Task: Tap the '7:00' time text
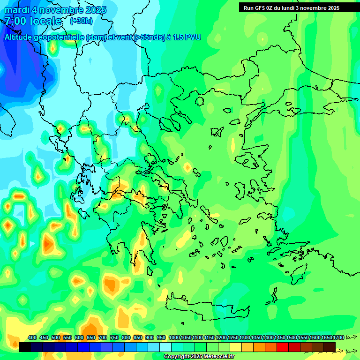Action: coord(15,21)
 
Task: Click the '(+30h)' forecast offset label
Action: coord(81,21)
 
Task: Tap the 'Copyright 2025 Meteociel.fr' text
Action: coord(199,357)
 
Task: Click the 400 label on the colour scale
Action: coord(32,337)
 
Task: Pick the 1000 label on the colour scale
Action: coord(174,337)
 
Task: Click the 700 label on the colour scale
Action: coord(103,337)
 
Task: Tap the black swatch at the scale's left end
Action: coord(25,347)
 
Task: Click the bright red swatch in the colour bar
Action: coord(283,347)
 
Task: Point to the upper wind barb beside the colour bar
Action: coord(351,337)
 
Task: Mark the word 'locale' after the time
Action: coord(45,21)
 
